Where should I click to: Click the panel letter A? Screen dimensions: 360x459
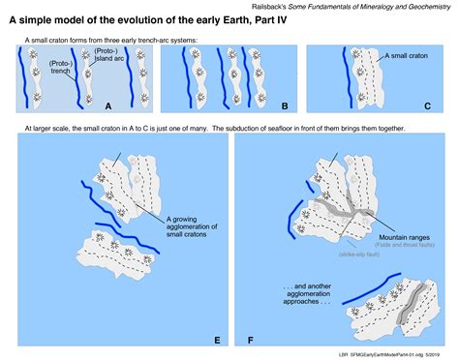pyautogui.click(x=108, y=105)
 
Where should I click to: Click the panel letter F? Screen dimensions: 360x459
pyautogui.click(x=250, y=341)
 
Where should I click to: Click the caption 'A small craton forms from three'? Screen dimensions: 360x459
pyautogui.click(x=107, y=39)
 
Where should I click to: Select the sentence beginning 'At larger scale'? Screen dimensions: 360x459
pyautogui.click(x=214, y=128)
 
